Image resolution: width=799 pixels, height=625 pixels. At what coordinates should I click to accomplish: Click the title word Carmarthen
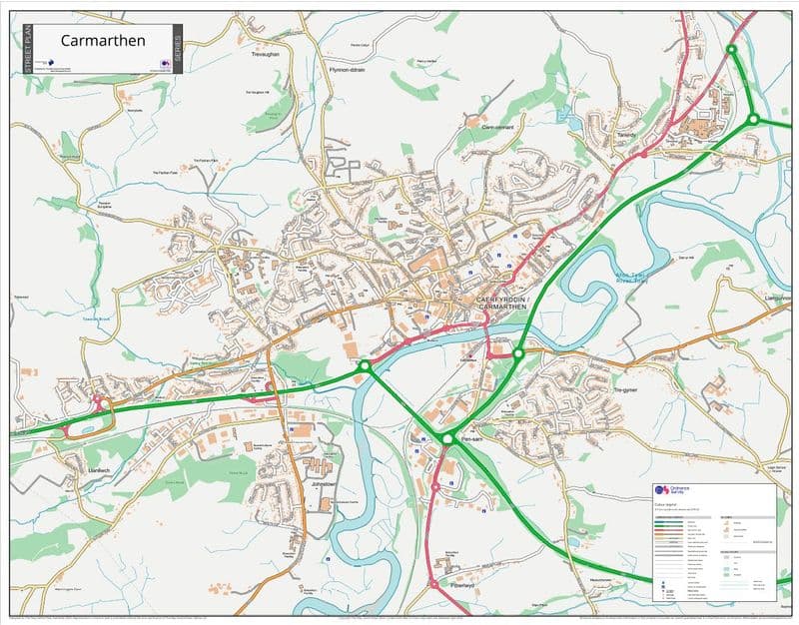click(103, 41)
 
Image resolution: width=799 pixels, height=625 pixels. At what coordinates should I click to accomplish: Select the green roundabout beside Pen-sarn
click(447, 438)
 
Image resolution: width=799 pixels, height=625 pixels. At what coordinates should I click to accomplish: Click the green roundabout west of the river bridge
click(365, 367)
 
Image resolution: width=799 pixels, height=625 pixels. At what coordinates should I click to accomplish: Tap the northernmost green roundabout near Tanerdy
click(731, 49)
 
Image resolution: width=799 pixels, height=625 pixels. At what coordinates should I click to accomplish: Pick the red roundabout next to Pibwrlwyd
click(433, 583)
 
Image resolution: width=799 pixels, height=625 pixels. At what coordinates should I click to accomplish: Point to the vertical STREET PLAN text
click(28, 50)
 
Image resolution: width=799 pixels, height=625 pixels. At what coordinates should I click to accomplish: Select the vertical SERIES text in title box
click(178, 50)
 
